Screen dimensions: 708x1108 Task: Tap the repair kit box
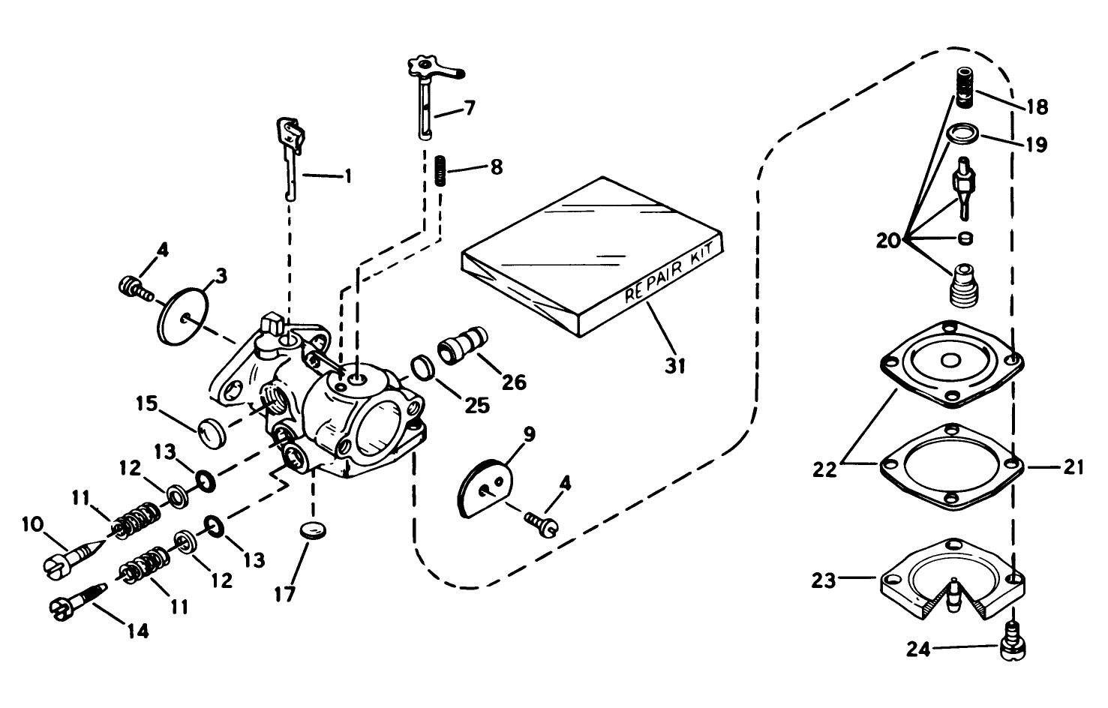593,255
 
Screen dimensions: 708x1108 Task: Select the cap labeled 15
212,431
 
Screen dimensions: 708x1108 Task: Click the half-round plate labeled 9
484,488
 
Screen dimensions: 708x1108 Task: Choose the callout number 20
890,241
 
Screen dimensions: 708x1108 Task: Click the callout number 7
468,107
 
